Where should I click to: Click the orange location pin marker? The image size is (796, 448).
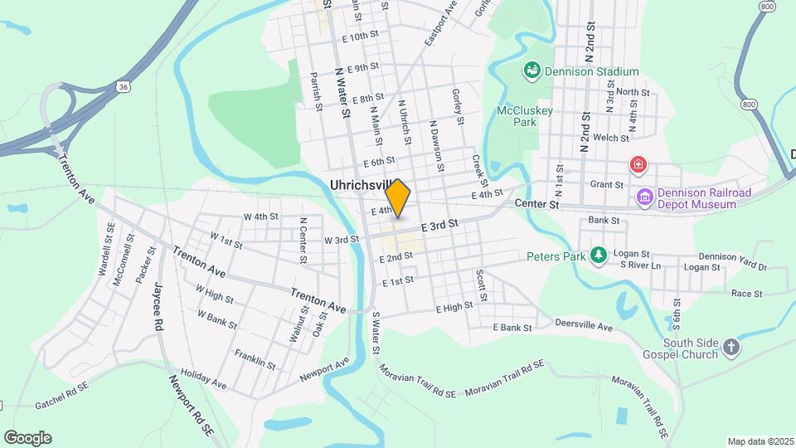point(398,197)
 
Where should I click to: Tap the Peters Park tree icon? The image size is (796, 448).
point(598,255)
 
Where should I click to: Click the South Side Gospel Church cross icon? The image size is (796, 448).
point(730,347)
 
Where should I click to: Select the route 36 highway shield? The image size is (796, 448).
point(123,85)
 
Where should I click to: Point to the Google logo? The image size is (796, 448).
point(27,437)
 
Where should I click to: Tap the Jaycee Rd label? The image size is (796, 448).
point(157,307)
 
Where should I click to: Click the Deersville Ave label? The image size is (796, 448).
point(584,327)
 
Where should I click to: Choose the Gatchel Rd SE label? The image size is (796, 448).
point(63,404)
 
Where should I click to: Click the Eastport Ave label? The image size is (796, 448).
point(440,27)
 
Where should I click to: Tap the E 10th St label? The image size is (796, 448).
point(360,37)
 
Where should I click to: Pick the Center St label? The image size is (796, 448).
point(537,203)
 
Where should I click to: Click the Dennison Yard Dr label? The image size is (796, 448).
point(733,261)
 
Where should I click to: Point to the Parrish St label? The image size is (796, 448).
point(316,90)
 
